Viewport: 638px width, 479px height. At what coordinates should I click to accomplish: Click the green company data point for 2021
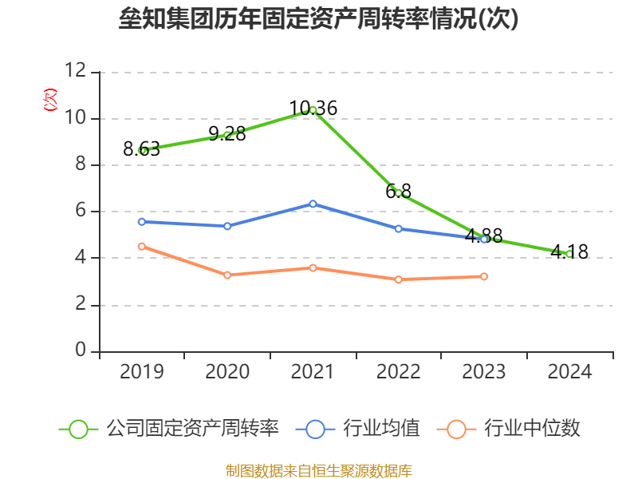(x=313, y=110)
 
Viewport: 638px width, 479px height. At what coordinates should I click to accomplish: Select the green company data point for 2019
(x=142, y=150)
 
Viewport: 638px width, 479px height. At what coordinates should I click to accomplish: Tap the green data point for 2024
(x=569, y=254)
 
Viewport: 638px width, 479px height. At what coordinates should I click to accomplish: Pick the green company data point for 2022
(x=399, y=193)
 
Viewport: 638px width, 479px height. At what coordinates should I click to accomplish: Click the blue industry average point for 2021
(x=313, y=204)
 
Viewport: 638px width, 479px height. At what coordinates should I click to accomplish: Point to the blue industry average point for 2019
(x=142, y=221)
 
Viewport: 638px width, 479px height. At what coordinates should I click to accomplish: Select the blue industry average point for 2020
(x=227, y=226)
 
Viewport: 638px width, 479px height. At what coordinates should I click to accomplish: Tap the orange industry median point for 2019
(x=142, y=247)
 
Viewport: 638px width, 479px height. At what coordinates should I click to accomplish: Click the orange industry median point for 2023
(x=484, y=276)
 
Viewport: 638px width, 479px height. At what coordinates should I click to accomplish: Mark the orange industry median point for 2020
(x=227, y=275)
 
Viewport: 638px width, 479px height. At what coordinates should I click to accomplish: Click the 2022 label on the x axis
(x=399, y=372)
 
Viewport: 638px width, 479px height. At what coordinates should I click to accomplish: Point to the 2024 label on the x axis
(x=569, y=372)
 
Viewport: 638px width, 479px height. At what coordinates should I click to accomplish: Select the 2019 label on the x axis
(x=142, y=372)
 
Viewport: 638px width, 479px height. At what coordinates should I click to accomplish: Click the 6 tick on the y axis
(x=81, y=212)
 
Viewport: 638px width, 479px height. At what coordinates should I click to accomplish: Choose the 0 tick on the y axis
(x=81, y=351)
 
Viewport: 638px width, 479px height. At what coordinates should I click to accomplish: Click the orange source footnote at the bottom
(x=319, y=470)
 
